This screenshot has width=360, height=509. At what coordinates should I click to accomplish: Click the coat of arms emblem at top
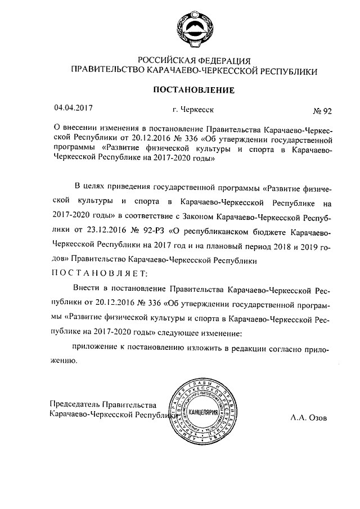click(x=193, y=30)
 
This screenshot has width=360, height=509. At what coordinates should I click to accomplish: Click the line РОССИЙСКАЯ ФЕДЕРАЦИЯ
click(x=193, y=60)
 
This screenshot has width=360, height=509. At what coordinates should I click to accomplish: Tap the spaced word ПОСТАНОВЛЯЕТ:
click(x=99, y=274)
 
